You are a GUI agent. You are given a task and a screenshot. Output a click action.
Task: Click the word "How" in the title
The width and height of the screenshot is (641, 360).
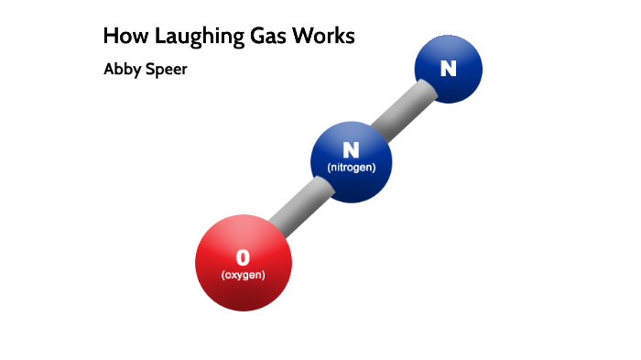tap(122, 37)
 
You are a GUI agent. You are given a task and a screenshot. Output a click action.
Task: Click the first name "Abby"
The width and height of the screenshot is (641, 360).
tap(123, 70)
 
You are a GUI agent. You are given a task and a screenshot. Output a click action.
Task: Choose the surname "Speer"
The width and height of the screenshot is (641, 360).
tap(167, 70)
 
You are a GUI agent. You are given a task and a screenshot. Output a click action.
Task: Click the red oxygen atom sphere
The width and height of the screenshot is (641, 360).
tap(244, 264)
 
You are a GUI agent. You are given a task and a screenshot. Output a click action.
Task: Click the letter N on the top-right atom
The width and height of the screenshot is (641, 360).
tap(448, 68)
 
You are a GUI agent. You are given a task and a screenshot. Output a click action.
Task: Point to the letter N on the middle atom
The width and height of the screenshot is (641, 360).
tap(351, 149)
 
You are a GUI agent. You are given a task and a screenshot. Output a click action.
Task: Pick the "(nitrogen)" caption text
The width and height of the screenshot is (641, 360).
tap(352, 168)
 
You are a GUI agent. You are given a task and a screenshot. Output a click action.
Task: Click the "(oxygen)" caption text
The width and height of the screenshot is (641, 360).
tap(243, 275)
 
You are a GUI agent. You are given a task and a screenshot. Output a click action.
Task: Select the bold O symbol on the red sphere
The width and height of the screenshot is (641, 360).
tap(243, 256)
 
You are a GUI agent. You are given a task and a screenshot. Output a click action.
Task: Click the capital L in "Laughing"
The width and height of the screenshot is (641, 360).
tap(159, 37)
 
